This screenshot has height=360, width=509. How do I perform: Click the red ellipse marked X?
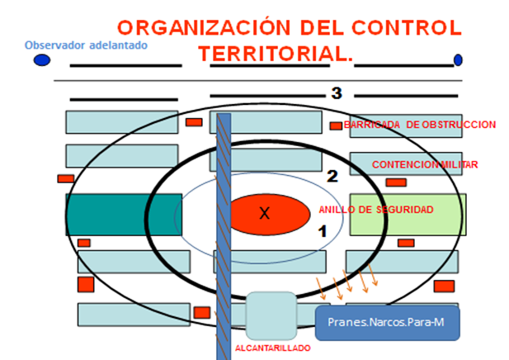[x=265, y=213]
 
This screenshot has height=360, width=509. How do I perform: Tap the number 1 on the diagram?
[x=323, y=232]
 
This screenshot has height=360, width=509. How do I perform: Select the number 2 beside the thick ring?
[x=332, y=175]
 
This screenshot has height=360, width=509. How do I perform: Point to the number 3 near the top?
[x=337, y=93]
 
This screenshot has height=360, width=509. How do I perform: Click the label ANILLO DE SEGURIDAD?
[x=375, y=210]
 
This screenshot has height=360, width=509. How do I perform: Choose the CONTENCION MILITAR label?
[x=425, y=165]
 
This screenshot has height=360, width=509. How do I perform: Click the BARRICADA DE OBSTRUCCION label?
[x=420, y=125]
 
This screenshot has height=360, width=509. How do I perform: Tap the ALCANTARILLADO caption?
[x=272, y=348]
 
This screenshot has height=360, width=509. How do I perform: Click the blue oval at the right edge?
[x=458, y=60]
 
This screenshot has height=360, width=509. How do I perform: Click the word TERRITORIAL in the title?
[x=272, y=54]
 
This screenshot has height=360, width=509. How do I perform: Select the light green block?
[x=408, y=214]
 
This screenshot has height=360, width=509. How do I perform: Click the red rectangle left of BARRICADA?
[x=336, y=126]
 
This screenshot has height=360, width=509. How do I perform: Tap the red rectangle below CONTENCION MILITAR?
[x=396, y=182]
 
